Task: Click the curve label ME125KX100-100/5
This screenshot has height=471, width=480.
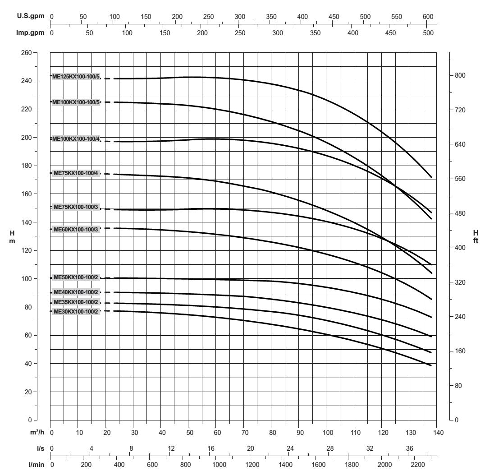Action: [76, 77]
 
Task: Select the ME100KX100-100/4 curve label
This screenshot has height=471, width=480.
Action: [76, 139]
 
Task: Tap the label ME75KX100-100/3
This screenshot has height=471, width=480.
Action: [76, 207]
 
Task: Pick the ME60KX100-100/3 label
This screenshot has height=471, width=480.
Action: [76, 230]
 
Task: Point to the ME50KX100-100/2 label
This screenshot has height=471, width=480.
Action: [76, 277]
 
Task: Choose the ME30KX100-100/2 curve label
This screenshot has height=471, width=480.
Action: [76, 311]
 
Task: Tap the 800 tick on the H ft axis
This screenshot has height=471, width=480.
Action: [459, 75]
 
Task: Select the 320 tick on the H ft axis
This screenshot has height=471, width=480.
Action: [459, 282]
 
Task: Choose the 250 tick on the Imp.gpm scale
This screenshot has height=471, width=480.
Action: [240, 33]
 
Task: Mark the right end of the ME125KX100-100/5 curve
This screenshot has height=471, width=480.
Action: [431, 177]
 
